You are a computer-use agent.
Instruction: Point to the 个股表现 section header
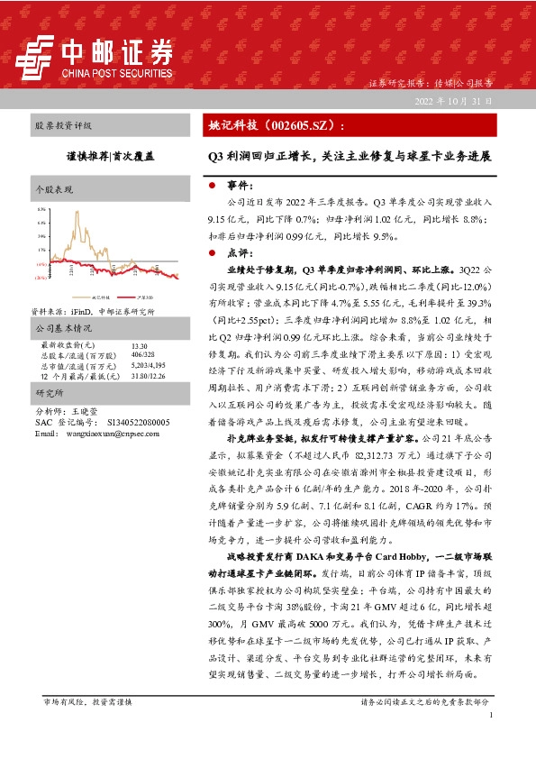click(x=51, y=191)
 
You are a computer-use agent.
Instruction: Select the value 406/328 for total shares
click(x=142, y=354)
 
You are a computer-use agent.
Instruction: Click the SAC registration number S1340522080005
click(x=144, y=422)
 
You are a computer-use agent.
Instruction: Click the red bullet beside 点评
click(x=211, y=254)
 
